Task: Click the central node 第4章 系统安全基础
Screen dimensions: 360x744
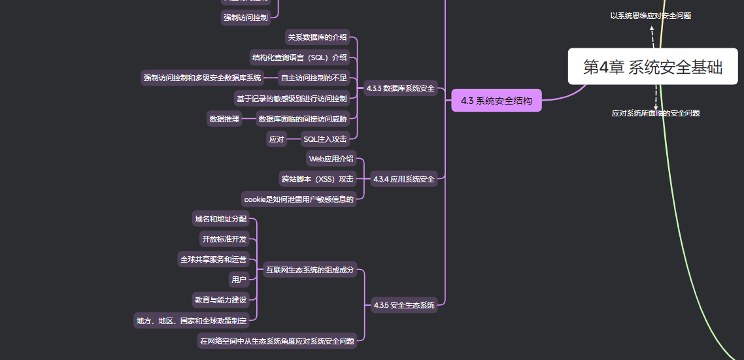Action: [652, 67]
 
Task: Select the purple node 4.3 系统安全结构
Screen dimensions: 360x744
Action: [496, 101]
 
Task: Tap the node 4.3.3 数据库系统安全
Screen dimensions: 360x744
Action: [401, 88]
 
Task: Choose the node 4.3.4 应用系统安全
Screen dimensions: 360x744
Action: [403, 179]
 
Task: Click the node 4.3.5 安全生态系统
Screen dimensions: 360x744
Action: [404, 305]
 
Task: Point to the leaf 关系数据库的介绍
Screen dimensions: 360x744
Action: [318, 37]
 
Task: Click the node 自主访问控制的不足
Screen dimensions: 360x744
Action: [314, 78]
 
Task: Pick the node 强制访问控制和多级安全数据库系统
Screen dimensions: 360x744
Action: [203, 78]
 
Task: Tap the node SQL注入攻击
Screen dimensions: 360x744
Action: [326, 139]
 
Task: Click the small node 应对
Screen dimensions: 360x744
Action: [277, 139]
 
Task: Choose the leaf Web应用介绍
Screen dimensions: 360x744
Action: [331, 159]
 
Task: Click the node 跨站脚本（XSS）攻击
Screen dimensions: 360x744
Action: [318, 179]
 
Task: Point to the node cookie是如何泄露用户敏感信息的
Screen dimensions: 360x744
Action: [299, 199]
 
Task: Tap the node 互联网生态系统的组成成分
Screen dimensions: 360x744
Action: [310, 270]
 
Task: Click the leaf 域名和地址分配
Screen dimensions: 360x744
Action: [221, 219]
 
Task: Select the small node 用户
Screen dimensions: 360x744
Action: [239, 280]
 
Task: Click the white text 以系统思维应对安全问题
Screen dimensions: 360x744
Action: [651, 16]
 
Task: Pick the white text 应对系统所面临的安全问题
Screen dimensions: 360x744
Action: [656, 113]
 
